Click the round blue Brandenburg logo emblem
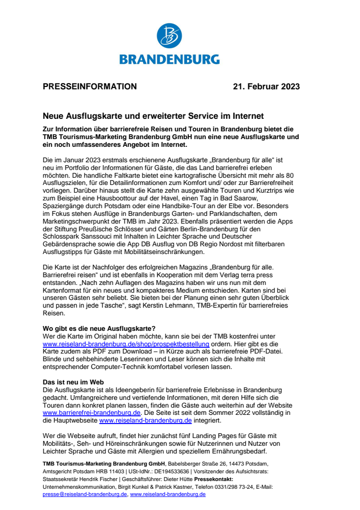(169, 37)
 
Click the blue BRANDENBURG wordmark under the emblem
(169, 59)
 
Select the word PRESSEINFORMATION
(90, 87)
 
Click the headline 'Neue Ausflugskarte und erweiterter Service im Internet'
(153, 116)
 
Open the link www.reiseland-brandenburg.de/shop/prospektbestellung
(126, 344)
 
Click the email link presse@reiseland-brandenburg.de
(85, 495)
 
